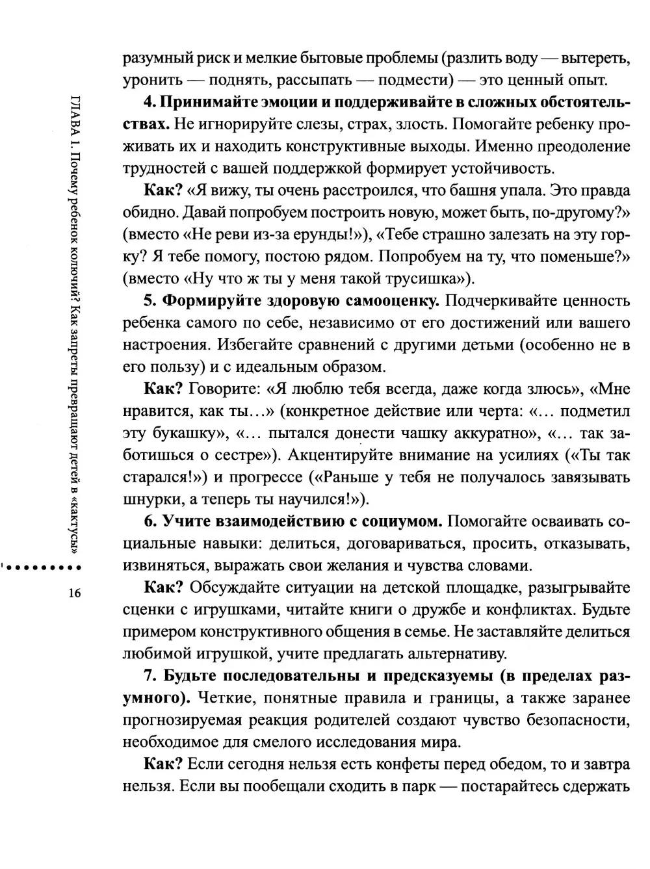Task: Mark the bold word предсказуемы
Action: point(439,676)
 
